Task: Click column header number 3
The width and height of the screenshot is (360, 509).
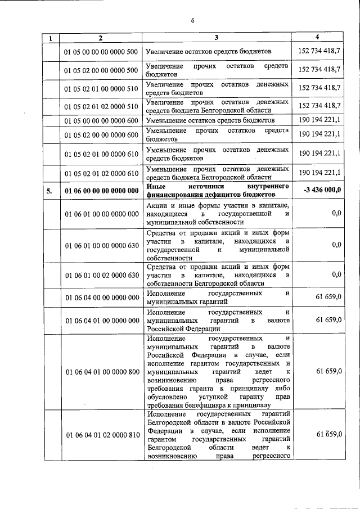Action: tap(216, 38)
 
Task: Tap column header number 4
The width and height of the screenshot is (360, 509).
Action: tap(317, 38)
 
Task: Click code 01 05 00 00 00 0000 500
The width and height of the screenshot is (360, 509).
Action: tap(101, 52)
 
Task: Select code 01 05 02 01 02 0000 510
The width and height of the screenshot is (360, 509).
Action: tap(101, 106)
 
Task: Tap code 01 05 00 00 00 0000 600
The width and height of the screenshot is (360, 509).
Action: tap(101, 120)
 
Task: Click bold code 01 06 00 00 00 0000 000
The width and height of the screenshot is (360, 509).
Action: tap(101, 191)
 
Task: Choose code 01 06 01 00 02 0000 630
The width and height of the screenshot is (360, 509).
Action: tap(101, 275)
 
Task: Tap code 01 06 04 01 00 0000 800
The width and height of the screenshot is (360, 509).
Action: tap(101, 372)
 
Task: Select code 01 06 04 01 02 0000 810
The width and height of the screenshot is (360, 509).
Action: tap(101, 435)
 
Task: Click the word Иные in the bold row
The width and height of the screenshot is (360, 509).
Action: tap(155, 186)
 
